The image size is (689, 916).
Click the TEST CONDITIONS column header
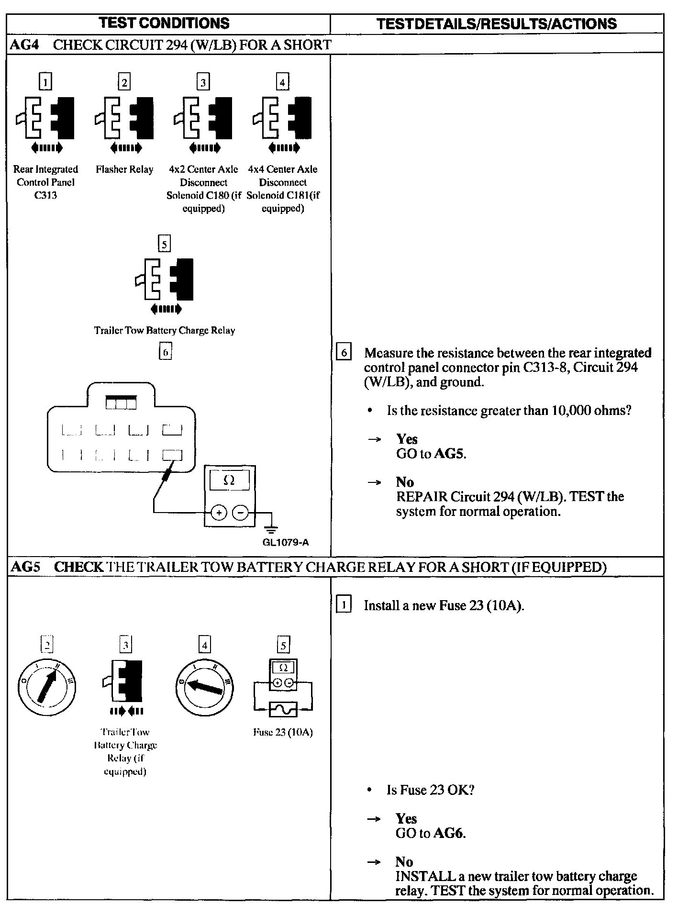point(164,23)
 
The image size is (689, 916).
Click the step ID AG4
point(24,45)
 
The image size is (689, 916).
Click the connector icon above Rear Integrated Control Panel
point(46,118)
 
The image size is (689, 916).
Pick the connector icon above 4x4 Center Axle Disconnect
point(283,118)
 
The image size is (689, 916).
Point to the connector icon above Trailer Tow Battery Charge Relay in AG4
point(165,280)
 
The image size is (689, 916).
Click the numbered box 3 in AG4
point(203,82)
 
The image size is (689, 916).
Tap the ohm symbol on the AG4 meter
point(229,480)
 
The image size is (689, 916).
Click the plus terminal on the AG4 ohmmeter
point(219,514)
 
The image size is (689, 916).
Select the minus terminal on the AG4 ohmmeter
point(240,514)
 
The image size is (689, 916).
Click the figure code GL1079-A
point(286,542)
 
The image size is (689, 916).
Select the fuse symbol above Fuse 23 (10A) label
point(283,709)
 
